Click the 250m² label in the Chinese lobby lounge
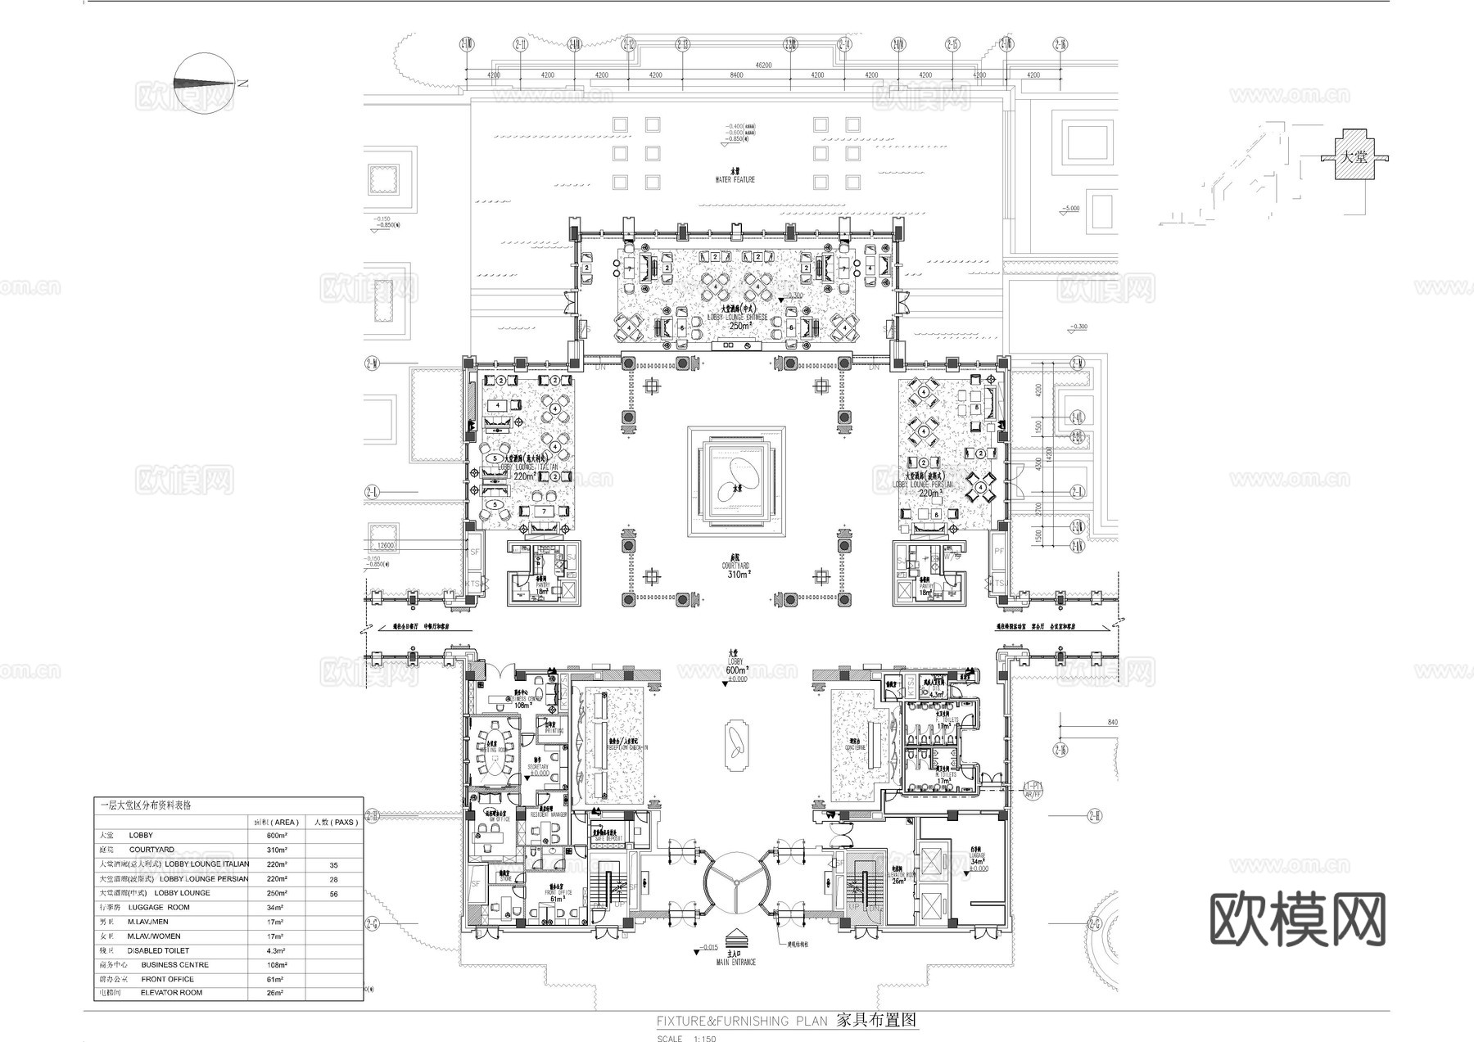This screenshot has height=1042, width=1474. point(739,326)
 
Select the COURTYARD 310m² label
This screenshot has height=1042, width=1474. point(736,571)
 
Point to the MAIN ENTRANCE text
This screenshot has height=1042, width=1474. point(736,963)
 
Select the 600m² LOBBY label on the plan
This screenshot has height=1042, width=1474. point(736,670)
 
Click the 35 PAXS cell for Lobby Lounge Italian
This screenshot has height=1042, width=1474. point(333,864)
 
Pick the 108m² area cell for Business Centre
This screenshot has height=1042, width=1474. point(276,965)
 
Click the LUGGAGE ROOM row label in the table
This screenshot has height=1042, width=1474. point(159,907)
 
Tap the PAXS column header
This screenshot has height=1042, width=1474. point(333,822)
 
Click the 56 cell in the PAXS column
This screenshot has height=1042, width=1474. point(333,894)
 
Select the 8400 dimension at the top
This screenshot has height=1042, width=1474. point(736,75)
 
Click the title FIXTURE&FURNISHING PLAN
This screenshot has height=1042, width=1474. point(742,1021)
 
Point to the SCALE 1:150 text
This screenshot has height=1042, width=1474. point(686,1039)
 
